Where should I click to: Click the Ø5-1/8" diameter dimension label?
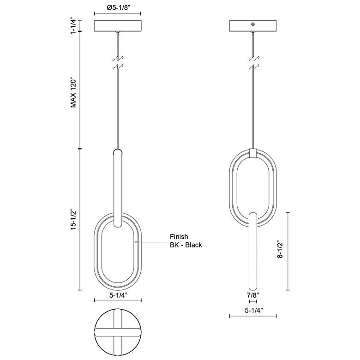click(x=118, y=7)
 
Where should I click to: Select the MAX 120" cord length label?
click(x=72, y=92)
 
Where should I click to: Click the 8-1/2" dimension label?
click(x=280, y=252)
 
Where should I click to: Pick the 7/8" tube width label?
click(x=253, y=294)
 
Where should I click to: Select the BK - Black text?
click(x=186, y=245)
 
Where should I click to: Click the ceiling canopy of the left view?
click(x=118, y=26)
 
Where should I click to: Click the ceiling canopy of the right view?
click(x=253, y=26)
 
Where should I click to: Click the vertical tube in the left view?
click(x=118, y=185)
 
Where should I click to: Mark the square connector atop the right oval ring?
click(x=253, y=152)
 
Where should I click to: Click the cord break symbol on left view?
click(x=118, y=63)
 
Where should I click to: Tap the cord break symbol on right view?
click(x=253, y=63)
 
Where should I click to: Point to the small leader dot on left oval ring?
click(x=136, y=241)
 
